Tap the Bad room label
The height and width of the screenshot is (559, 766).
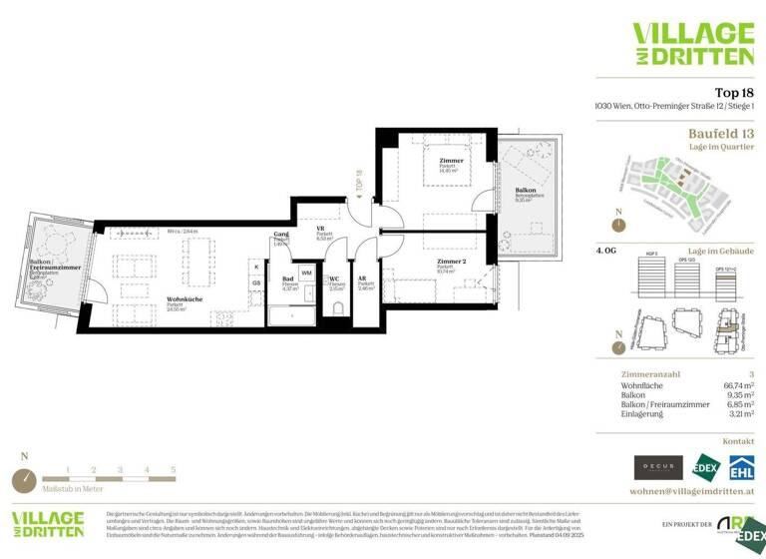[x=286, y=279]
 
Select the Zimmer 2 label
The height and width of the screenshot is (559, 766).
[x=452, y=261]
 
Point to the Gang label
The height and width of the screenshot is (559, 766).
[x=280, y=234]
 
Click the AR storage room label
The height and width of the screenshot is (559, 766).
[x=363, y=279]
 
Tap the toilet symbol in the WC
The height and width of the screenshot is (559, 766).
[x=337, y=307]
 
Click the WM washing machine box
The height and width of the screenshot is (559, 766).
[x=306, y=272]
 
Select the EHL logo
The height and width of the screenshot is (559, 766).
[x=740, y=466]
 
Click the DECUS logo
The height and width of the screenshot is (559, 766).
[x=658, y=467]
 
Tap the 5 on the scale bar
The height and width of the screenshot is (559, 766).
[x=173, y=469]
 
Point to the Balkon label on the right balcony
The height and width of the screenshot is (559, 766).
[x=526, y=190]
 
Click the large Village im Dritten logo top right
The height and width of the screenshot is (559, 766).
[x=693, y=44]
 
